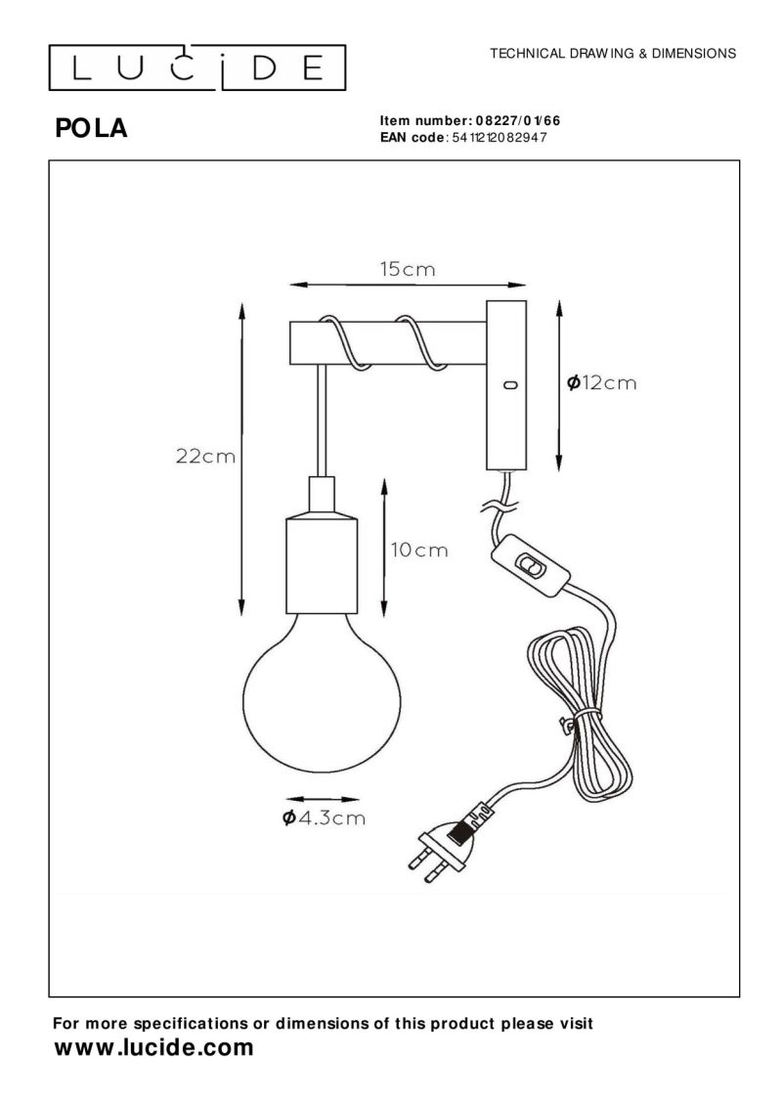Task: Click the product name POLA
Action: click(x=92, y=129)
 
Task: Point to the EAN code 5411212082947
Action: click(x=497, y=138)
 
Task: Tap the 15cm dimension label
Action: click(x=407, y=269)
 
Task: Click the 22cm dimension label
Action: click(x=205, y=456)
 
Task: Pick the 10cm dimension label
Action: click(x=419, y=550)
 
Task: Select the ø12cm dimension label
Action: click(x=601, y=383)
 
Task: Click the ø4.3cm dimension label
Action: click(x=323, y=818)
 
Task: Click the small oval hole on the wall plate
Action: click(x=508, y=385)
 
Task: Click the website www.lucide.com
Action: click(x=153, y=1049)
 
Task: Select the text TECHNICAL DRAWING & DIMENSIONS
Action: click(x=613, y=54)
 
